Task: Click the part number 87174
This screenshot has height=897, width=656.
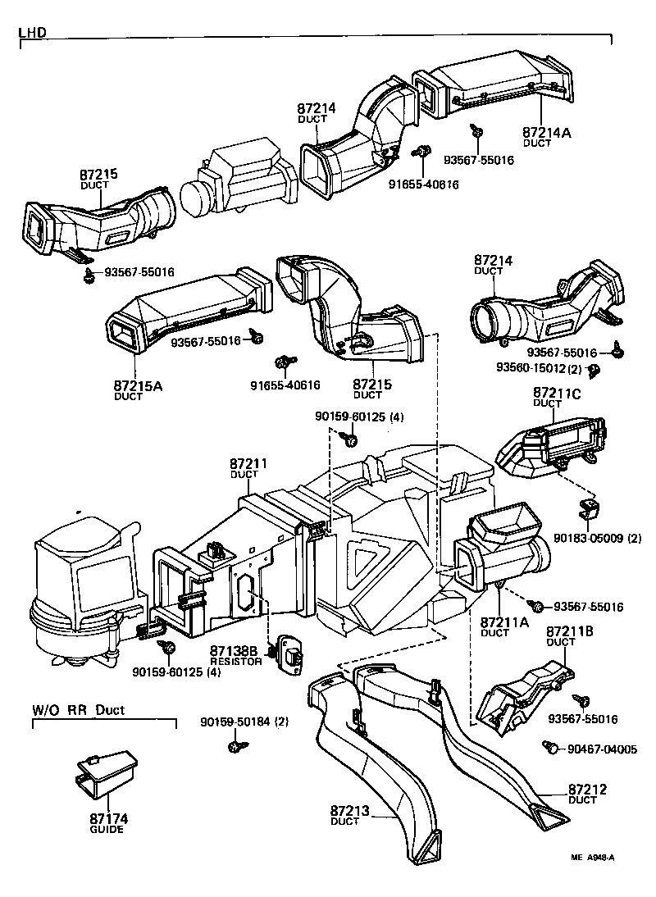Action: point(108,818)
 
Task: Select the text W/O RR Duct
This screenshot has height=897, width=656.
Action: point(79,710)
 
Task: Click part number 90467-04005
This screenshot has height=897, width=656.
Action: point(602,749)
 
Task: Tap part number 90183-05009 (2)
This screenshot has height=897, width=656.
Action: point(597,539)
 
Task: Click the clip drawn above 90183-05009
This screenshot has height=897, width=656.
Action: point(587,509)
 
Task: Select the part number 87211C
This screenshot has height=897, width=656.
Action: point(557,394)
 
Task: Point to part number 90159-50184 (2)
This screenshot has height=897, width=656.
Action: point(244,722)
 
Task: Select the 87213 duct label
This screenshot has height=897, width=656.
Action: point(350,812)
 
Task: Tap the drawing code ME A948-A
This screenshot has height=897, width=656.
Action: point(593,858)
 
